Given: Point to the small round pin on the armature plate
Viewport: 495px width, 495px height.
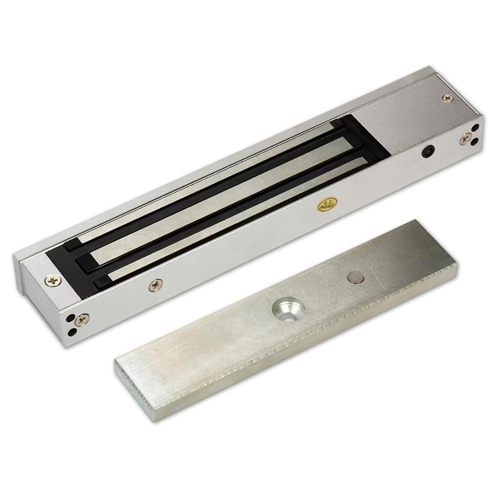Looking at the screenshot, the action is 355,278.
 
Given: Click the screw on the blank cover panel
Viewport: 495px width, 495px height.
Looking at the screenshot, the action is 447,98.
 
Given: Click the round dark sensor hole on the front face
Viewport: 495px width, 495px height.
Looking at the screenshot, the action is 428,151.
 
